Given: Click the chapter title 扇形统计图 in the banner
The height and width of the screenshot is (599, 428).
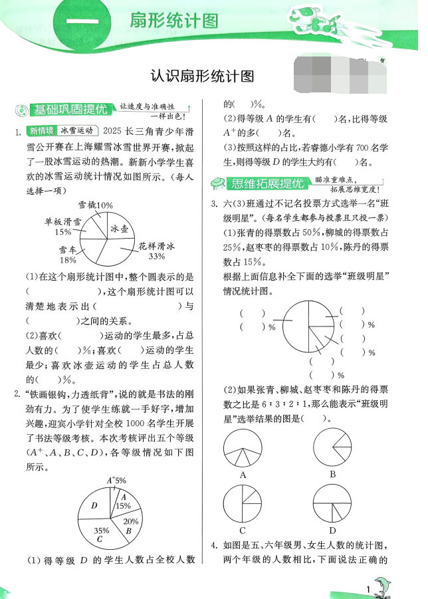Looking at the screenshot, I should coord(175,21).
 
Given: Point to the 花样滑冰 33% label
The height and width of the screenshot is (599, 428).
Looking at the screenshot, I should coord(157,251).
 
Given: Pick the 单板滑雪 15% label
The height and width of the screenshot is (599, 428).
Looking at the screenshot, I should coord(63,227).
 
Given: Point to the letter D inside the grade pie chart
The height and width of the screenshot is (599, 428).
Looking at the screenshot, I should coord(94,507).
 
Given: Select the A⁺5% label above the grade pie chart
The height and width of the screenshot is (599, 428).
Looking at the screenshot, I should coord(116,480).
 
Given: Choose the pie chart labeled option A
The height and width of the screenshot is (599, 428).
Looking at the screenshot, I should coord(243,449).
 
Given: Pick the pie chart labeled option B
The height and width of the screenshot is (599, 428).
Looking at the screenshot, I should coord(332,449).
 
